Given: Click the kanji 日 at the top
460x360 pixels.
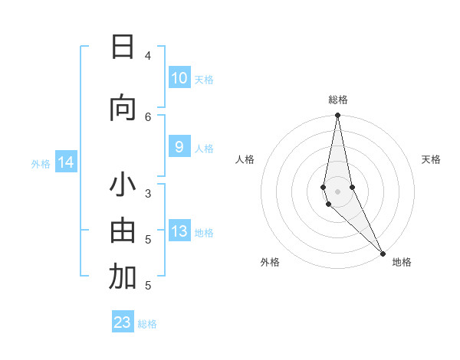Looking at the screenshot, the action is click(123, 47).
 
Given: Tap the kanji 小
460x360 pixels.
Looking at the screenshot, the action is click(123, 186).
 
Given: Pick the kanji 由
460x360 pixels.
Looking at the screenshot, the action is click(123, 231).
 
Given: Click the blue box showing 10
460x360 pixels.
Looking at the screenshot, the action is click(179, 78).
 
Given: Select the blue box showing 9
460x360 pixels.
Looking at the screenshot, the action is click(179, 148).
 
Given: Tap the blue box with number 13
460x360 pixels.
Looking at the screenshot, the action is click(179, 232).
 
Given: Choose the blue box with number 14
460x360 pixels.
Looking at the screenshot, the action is click(66, 162).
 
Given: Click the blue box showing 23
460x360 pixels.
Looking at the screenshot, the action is click(123, 322).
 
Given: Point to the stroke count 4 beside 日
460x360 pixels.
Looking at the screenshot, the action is click(148, 55).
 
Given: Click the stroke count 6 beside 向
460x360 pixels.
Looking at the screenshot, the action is click(148, 116).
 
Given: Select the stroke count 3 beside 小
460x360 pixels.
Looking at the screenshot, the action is click(148, 193).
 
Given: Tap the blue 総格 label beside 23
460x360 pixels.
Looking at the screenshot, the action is click(147, 324).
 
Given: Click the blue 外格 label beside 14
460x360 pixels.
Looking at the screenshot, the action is click(41, 163).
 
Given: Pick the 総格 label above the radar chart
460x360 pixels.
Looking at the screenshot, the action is click(337, 100).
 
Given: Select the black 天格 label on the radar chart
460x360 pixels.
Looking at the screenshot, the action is click(432, 159).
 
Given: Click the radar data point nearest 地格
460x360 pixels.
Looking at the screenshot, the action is click(382, 253).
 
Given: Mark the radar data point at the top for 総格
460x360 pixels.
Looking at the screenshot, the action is click(337, 116).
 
